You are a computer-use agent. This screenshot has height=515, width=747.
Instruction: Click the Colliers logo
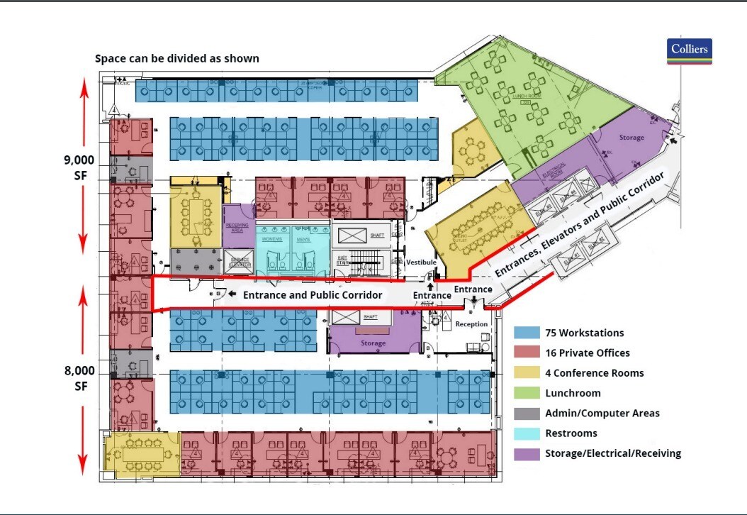pyautogui.click(x=689, y=52)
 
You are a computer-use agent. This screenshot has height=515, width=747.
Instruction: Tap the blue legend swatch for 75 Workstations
pyautogui.click(x=527, y=333)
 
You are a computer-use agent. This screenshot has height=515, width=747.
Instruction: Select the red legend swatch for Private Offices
pyautogui.click(x=527, y=353)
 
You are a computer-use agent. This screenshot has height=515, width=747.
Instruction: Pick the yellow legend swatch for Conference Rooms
pyautogui.click(x=527, y=373)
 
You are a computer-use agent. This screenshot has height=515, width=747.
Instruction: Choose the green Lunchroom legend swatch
pyautogui.click(x=527, y=393)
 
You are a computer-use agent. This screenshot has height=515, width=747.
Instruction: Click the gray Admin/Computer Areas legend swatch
pyautogui.click(x=527, y=413)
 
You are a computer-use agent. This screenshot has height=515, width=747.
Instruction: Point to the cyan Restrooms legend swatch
pyautogui.click(x=527, y=433)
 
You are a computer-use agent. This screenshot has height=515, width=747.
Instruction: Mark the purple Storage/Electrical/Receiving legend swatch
pyautogui.click(x=527, y=453)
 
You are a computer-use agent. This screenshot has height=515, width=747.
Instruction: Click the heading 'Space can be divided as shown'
pyautogui.click(x=177, y=59)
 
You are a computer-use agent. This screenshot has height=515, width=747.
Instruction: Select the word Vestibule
pyautogui.click(x=421, y=262)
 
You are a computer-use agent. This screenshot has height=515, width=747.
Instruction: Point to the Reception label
pyautogui.click(x=471, y=324)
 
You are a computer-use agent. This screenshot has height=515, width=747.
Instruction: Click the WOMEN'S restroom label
pyautogui.click(x=272, y=238)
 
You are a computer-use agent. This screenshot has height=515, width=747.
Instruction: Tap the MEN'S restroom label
pyautogui.click(x=304, y=238)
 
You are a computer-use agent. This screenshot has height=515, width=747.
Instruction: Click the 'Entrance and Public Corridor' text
pyautogui.click(x=313, y=294)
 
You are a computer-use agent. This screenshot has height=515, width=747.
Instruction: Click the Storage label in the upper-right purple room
pyautogui.click(x=631, y=138)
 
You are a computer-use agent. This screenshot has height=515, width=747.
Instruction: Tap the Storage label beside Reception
pyautogui.click(x=373, y=343)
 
